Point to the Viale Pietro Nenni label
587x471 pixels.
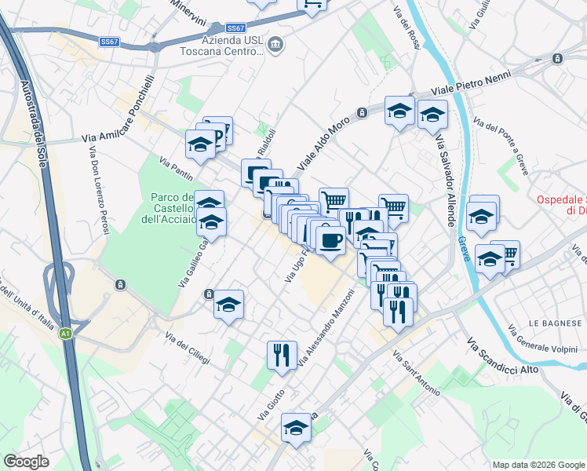pos(472,82)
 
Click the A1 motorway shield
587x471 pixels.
pos(66,334)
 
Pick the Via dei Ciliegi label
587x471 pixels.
pos(188,349)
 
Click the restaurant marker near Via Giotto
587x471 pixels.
pos(281,354)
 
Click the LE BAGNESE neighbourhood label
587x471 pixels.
pos(553,323)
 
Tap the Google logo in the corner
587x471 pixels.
pos(27,462)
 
